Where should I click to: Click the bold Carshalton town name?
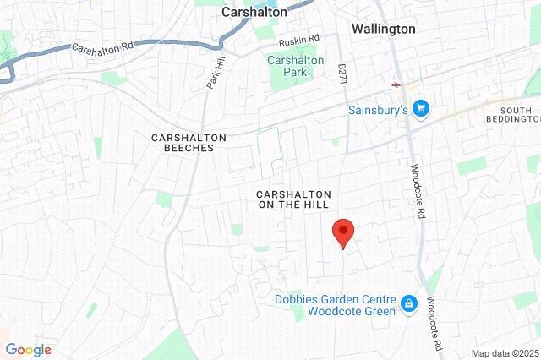[254, 12]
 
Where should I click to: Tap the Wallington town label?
[383, 28]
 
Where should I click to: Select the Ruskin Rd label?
[299, 39]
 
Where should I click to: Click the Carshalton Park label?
[291, 67]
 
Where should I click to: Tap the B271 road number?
[342, 74]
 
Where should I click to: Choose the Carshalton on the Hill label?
[293, 199]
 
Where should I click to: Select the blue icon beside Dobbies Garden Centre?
[409, 303]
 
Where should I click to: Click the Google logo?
[28, 350]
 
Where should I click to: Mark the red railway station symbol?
[395, 84]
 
